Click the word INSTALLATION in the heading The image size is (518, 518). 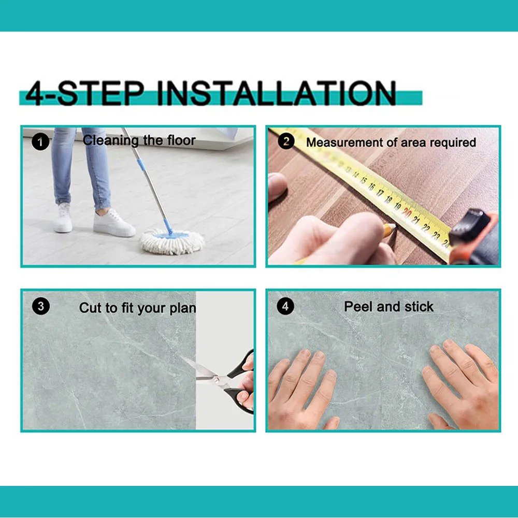(276, 93)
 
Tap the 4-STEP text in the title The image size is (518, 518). (85, 93)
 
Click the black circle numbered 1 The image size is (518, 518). (40, 142)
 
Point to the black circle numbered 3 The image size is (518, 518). (40, 306)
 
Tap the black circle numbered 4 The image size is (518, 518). (285, 306)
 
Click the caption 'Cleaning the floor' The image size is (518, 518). (139, 140)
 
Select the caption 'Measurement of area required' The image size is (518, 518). (391, 142)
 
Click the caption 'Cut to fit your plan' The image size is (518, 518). (137, 308)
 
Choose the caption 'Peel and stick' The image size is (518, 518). (388, 307)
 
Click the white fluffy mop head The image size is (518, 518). (172, 242)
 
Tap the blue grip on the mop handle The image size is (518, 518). (141, 165)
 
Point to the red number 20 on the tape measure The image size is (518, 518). (407, 212)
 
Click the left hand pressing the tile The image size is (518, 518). (303, 390)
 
